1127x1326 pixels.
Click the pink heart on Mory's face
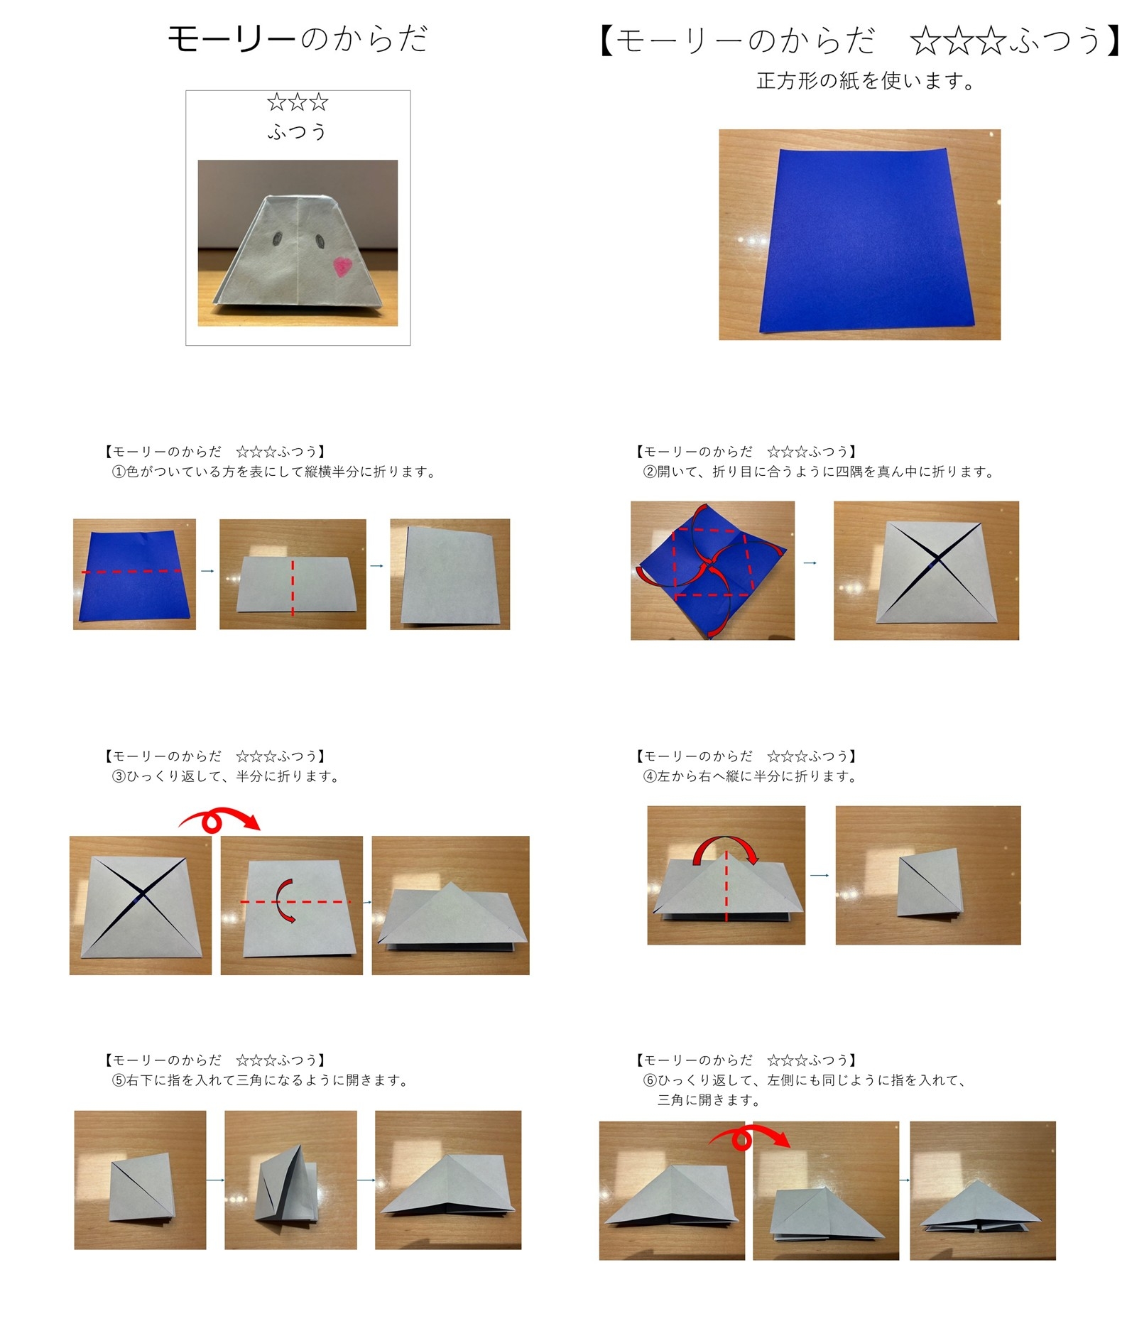[343, 266]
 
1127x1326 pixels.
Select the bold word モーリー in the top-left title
[231, 38]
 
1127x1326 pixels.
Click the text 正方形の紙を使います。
[866, 81]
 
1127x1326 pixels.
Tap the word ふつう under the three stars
[298, 132]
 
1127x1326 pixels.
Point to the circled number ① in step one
[118, 472]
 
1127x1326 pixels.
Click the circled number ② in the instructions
[649, 472]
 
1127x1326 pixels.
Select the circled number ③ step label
[118, 776]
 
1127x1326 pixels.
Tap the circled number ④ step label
[649, 776]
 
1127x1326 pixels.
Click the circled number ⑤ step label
[118, 1080]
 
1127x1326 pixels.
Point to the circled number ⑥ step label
[649, 1080]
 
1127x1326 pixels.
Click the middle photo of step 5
[290, 1180]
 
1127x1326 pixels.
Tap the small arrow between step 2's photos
[810, 563]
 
